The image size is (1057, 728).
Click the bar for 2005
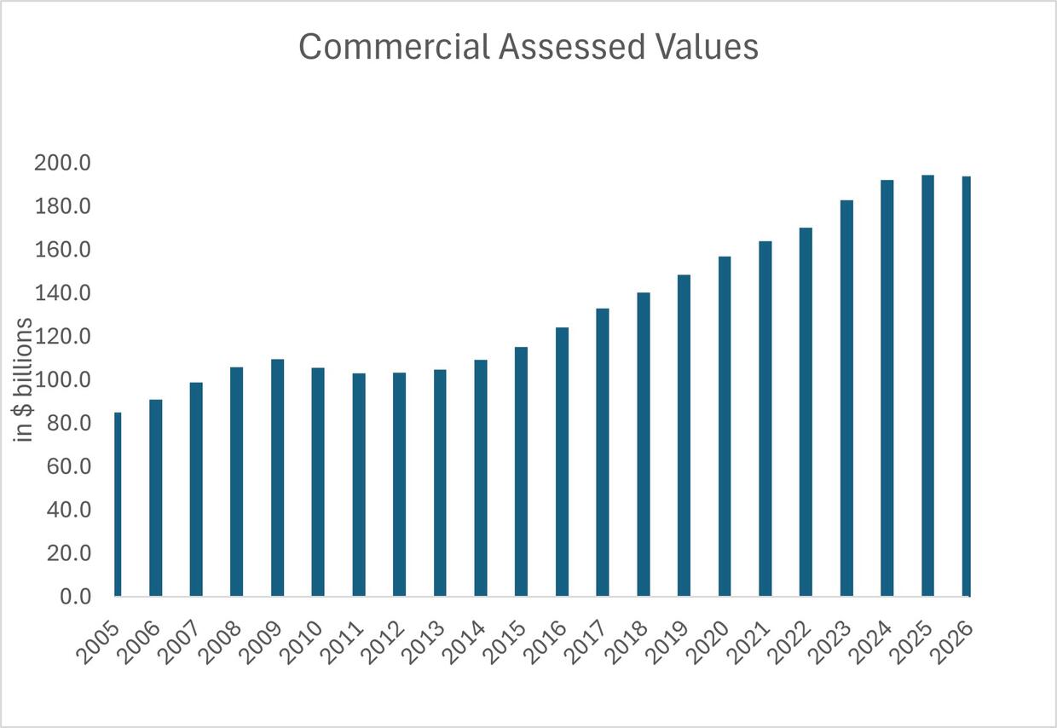118,504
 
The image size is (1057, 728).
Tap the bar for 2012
399,484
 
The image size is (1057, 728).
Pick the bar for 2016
562,461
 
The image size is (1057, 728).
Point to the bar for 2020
725,426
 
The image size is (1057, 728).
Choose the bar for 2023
846,398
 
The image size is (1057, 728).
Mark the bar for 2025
927,385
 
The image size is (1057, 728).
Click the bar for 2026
967,386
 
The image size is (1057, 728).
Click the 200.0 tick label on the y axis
62,163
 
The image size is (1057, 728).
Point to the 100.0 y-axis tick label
62,379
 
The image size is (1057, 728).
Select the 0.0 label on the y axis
74,597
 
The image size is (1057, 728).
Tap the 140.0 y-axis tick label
62,293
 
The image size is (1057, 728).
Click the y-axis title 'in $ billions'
25,379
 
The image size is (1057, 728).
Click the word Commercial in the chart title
393,47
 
